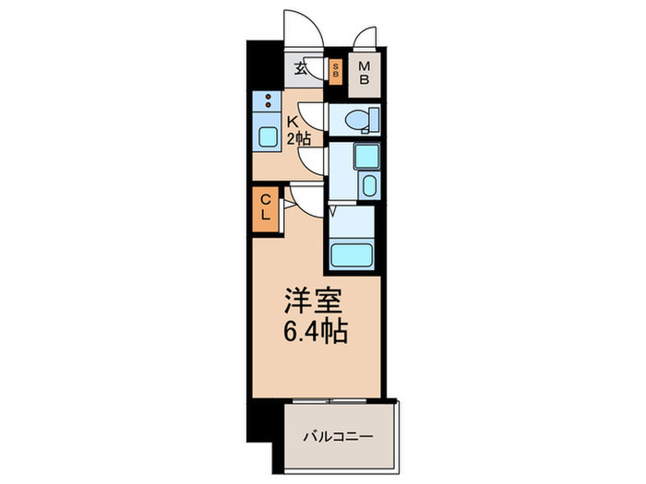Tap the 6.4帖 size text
click(x=314, y=331)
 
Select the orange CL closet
click(x=264, y=207)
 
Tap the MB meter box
click(x=365, y=72)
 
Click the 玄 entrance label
click(x=300, y=67)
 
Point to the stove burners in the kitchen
click(x=268, y=101)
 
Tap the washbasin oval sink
click(x=369, y=185)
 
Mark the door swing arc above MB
click(x=365, y=37)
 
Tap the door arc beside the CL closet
click(x=300, y=195)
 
